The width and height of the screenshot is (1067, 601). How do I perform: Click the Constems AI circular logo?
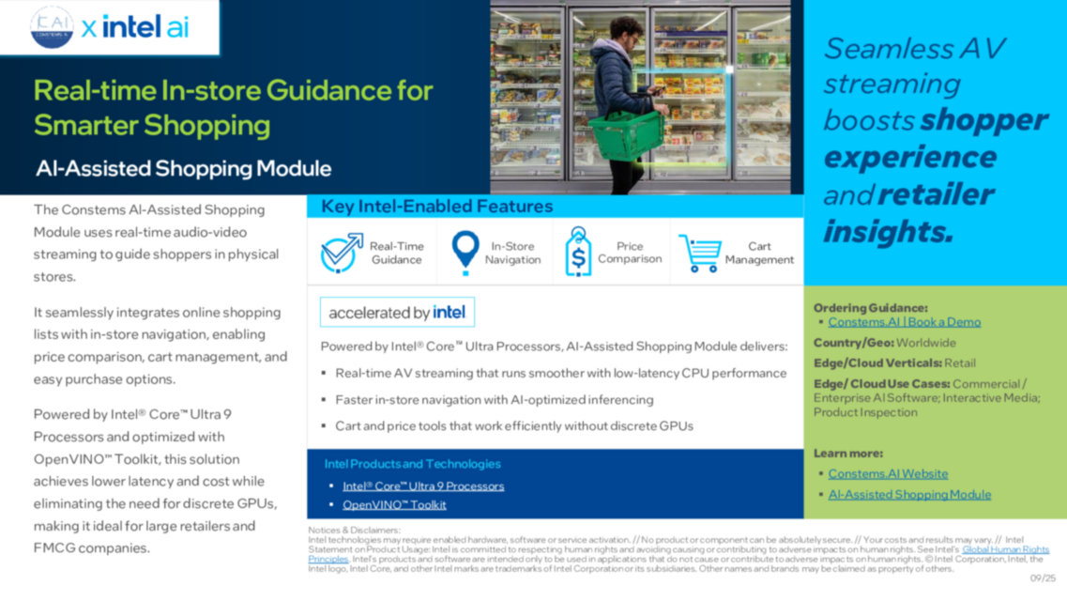(52, 26)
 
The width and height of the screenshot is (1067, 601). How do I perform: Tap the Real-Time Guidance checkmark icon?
(341, 253)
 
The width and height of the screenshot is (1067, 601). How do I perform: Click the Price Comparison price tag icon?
(578, 252)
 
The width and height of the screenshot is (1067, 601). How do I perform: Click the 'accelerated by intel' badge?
(397, 312)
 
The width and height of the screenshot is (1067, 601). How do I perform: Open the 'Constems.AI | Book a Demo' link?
(904, 322)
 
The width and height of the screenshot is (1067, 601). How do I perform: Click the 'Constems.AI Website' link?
(887, 474)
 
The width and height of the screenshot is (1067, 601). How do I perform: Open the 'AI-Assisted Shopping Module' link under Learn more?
(908, 495)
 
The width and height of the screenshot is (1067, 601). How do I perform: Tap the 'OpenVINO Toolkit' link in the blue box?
(394, 505)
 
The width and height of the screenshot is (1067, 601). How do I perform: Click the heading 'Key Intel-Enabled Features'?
(436, 207)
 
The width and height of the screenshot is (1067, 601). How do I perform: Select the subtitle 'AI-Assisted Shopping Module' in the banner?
(183, 169)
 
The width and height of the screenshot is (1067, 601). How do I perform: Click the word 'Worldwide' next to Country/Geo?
(925, 343)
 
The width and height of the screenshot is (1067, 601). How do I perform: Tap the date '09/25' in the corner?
(1043, 578)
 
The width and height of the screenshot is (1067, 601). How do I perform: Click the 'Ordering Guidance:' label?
(870, 308)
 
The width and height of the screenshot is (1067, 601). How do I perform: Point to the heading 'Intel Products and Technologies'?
(412, 464)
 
